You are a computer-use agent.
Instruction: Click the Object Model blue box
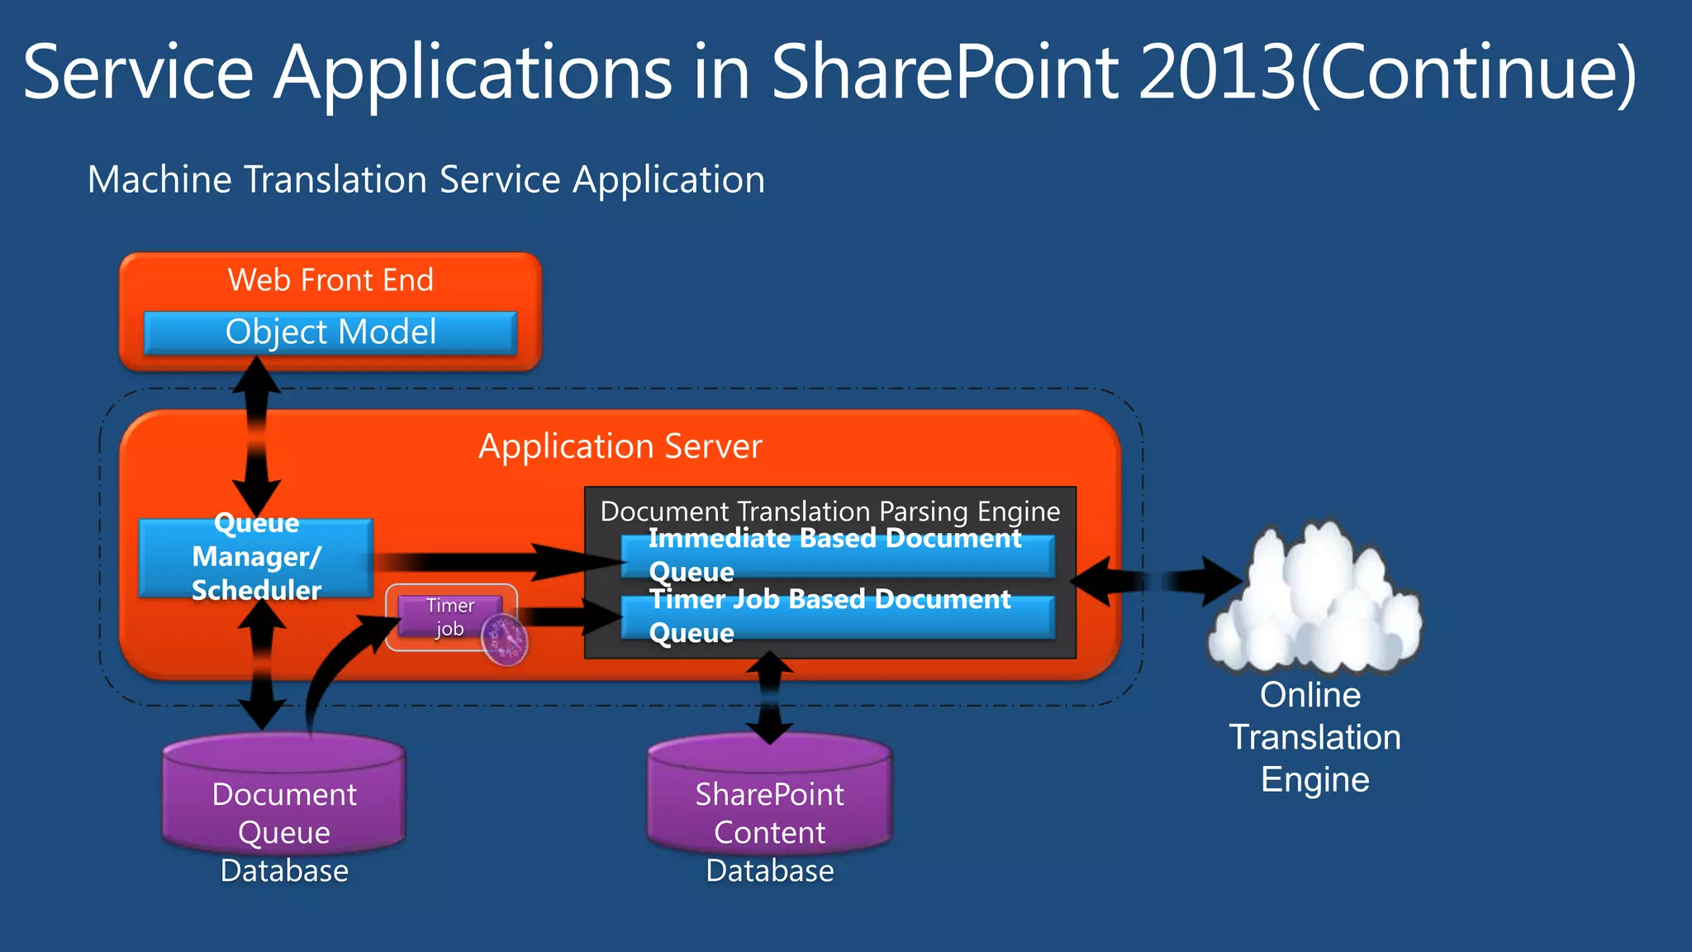[330, 333]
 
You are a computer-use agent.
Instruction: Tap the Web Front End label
[330, 280]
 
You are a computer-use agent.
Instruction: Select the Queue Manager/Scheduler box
[256, 558]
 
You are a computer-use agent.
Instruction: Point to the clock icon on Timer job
[505, 640]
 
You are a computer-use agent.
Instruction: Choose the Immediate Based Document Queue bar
[838, 556]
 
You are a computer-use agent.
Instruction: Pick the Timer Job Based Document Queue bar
[838, 617]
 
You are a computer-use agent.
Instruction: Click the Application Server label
[620, 446]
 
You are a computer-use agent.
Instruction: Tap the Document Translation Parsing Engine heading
[829, 511]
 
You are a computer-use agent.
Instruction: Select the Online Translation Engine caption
[1314, 737]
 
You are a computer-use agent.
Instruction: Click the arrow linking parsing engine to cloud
[1157, 582]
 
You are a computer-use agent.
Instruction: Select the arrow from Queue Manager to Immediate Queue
[496, 562]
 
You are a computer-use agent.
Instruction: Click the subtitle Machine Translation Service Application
[426, 179]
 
